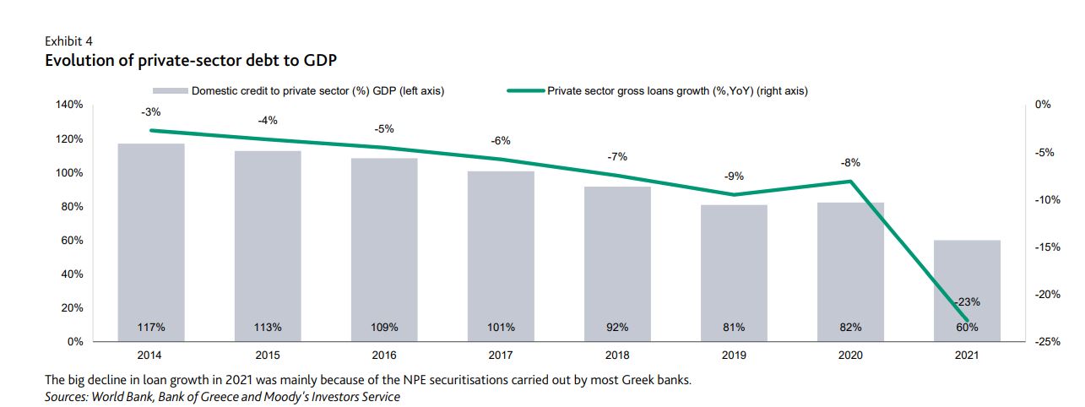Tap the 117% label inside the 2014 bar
(x=151, y=327)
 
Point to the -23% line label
(x=967, y=301)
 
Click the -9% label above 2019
(x=734, y=176)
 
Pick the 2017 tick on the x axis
(x=501, y=355)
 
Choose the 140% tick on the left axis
(x=70, y=105)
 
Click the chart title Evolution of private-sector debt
(x=192, y=59)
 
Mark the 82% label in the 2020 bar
(x=850, y=327)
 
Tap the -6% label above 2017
(x=501, y=140)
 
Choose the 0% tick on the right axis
(x=1043, y=105)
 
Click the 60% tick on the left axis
(x=73, y=241)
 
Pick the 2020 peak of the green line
(x=850, y=182)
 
